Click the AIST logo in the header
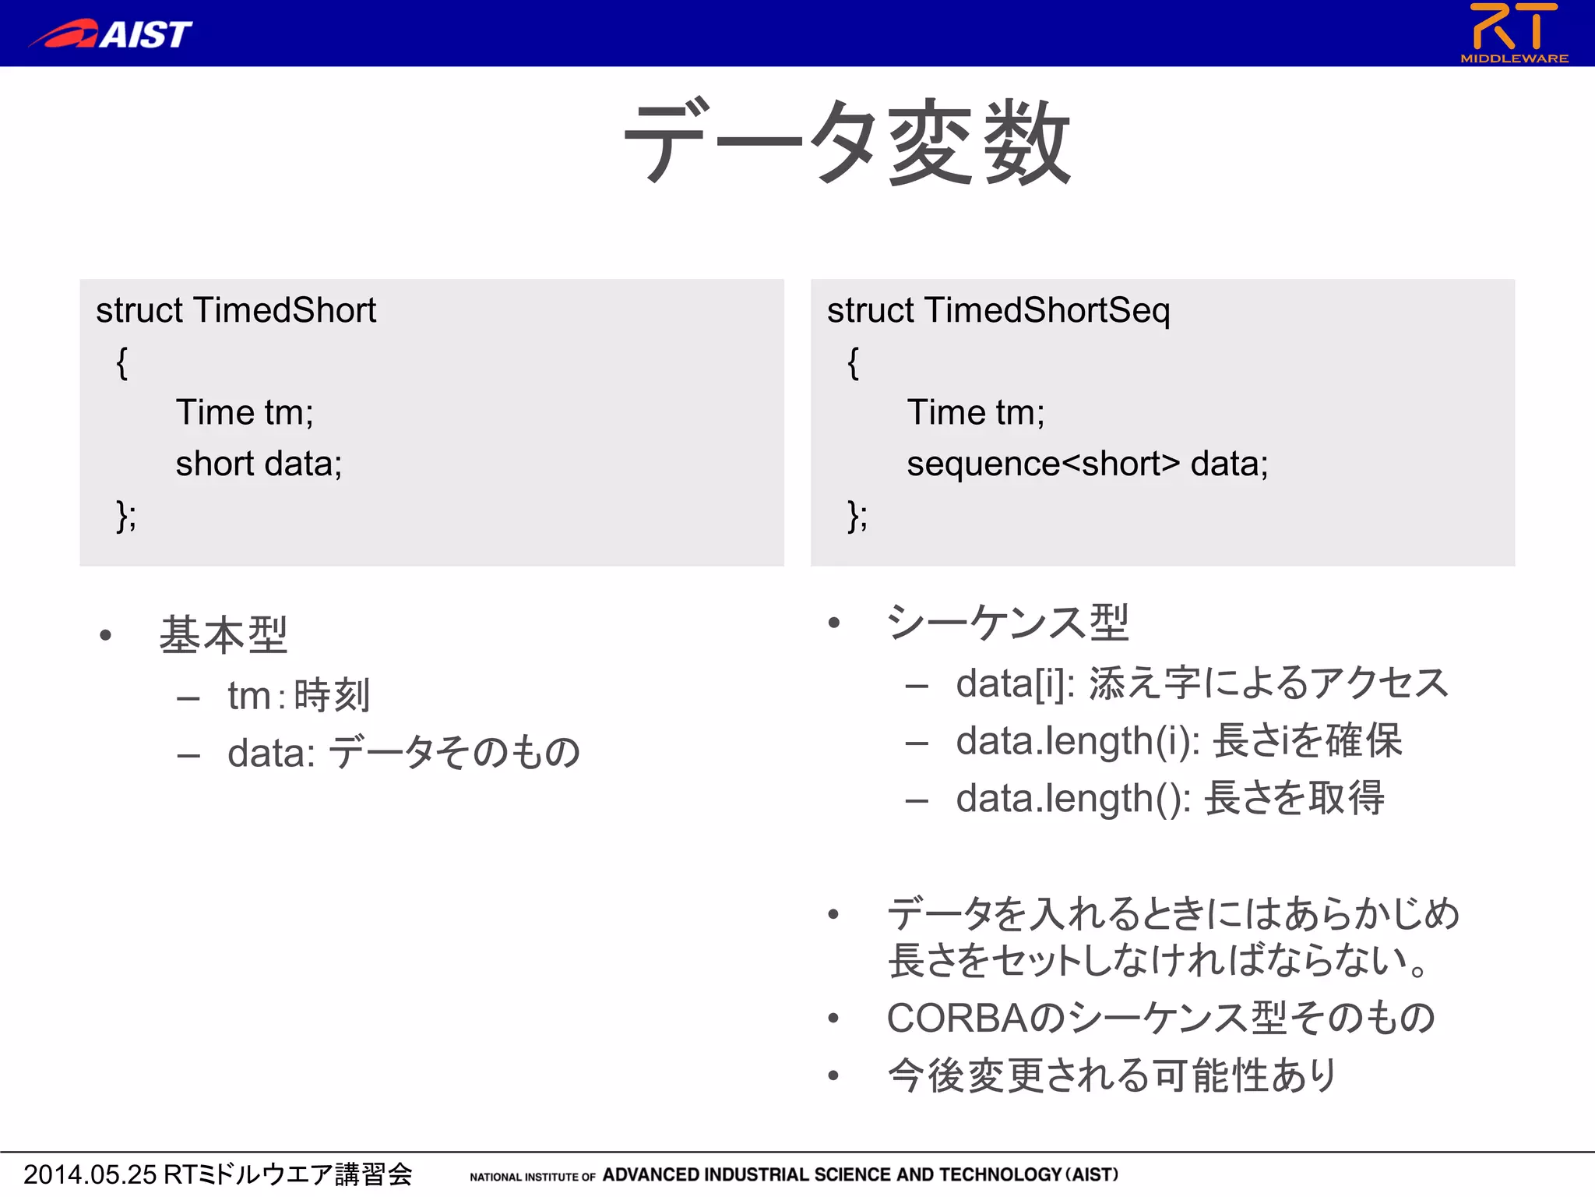tap(111, 34)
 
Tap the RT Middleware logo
tap(1514, 33)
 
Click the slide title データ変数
tap(847, 143)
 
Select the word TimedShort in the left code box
tap(284, 310)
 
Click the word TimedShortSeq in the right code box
tap(1047, 310)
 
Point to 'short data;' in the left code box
tap(259, 464)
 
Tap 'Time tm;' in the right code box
tap(975, 412)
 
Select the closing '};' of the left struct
tap(126, 515)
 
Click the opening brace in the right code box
tap(853, 362)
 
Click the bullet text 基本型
tap(224, 634)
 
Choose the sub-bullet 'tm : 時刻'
tap(298, 695)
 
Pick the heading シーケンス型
tap(1008, 623)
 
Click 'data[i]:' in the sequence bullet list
tap(1015, 683)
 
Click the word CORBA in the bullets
tap(956, 1018)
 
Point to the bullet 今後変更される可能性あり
tap(1112, 1075)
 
